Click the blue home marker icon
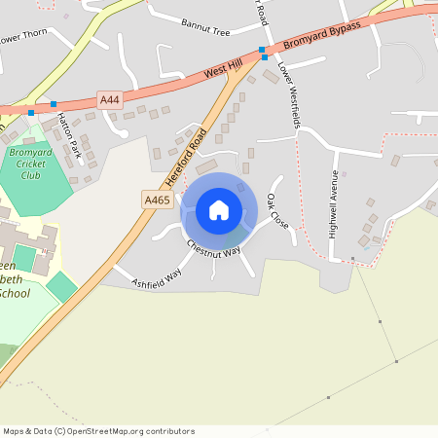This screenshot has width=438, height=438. [x=218, y=209]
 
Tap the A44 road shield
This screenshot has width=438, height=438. [x=110, y=99]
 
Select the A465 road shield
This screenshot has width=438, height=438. [x=157, y=200]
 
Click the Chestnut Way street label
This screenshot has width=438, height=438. [x=213, y=249]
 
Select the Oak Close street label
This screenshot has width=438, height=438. [x=277, y=210]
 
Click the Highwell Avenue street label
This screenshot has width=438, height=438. [x=334, y=199]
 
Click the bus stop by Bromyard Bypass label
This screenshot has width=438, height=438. [x=262, y=51]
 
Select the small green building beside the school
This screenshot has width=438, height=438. [x=62, y=286]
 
